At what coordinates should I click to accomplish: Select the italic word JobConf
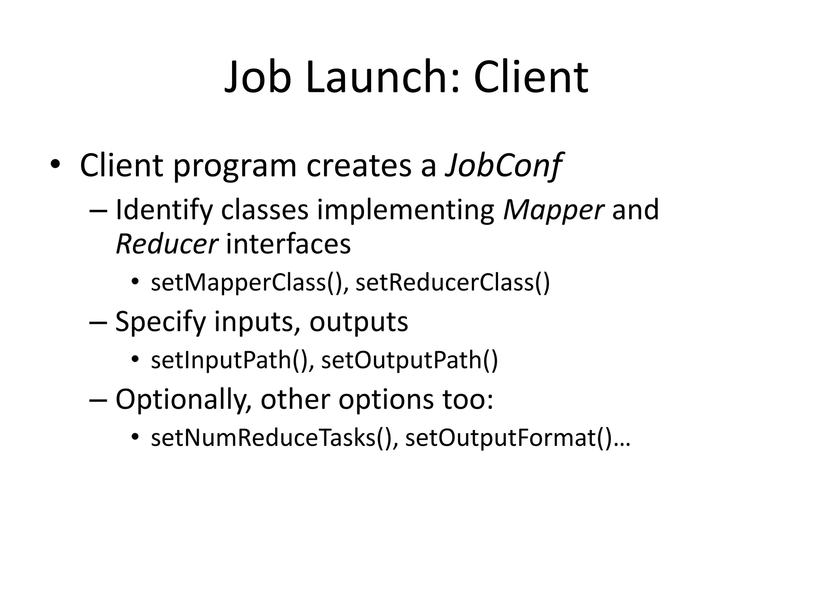503,165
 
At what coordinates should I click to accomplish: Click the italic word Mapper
553,210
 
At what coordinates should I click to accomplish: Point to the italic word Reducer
167,244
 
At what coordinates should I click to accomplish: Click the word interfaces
288,244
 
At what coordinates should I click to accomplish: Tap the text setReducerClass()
453,282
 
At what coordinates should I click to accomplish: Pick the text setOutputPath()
409,360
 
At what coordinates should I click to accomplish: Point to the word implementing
405,210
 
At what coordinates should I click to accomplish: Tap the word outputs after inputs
359,322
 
